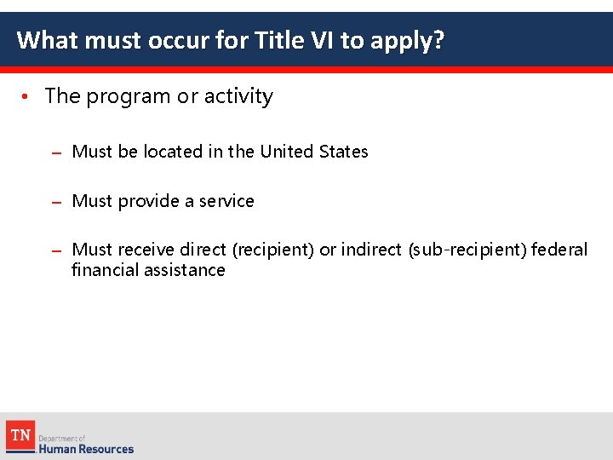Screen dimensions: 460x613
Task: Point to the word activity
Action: click(x=238, y=97)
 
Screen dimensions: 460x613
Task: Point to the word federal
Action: click(x=561, y=250)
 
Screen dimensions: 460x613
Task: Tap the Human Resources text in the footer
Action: click(x=86, y=448)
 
